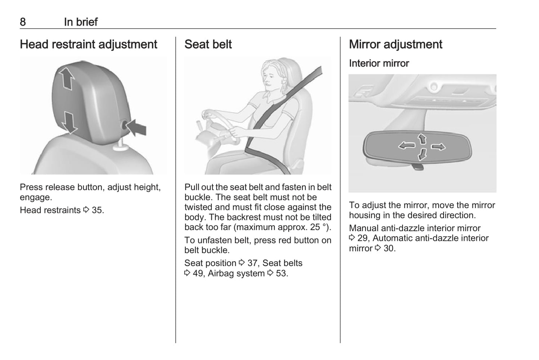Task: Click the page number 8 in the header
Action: tap(23, 22)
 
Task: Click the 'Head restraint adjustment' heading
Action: tap(88, 44)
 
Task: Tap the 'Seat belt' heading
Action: tap(208, 44)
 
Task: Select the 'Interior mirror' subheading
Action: tap(379, 63)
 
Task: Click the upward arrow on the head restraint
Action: tap(66, 78)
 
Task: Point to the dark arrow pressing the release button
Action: tap(136, 127)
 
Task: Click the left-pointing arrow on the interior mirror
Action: tap(407, 145)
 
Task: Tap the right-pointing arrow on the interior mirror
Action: tap(438, 147)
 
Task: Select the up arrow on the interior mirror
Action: tap(422, 139)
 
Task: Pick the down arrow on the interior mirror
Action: tap(423, 154)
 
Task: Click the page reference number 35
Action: tap(97, 210)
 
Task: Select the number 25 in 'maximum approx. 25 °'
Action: tap(315, 227)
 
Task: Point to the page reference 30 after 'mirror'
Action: tap(389, 248)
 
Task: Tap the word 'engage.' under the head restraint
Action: tap(36, 197)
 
